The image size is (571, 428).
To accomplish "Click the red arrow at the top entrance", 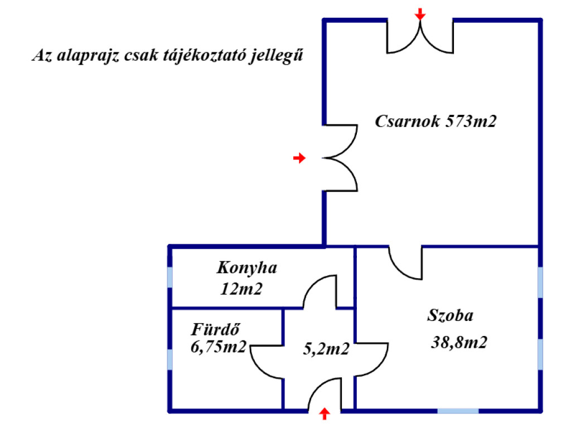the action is tap(420, 14).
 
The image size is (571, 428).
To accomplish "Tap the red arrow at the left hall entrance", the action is tap(299, 158).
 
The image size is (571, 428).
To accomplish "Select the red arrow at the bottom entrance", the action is tap(325, 414).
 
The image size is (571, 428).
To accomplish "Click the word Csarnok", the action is tap(407, 121).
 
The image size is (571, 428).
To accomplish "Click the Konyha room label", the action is tap(247, 268).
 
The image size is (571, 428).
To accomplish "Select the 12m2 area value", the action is tap(241, 289).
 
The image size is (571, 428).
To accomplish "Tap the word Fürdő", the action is tap(215, 330).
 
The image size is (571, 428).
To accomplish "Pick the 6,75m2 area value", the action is tap(219, 347).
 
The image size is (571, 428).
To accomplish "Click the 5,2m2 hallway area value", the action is tap(326, 349).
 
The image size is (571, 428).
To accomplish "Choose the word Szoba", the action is tap(451, 315).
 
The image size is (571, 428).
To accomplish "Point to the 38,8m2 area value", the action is tap(459, 343).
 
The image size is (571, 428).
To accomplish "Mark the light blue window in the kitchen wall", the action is tap(170, 277).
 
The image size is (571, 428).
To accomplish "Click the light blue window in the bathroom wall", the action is tap(170, 359).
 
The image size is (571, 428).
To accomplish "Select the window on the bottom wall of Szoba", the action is tap(458, 411).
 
